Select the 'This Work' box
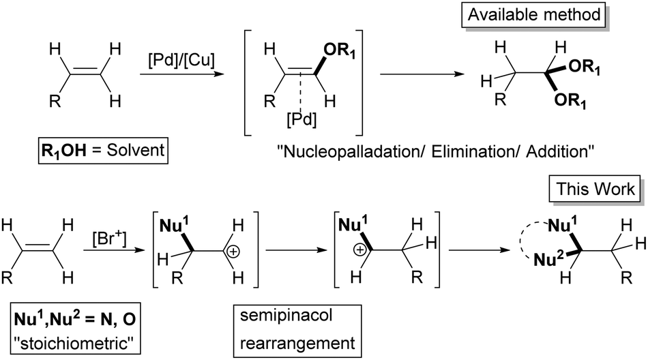click(595, 190)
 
